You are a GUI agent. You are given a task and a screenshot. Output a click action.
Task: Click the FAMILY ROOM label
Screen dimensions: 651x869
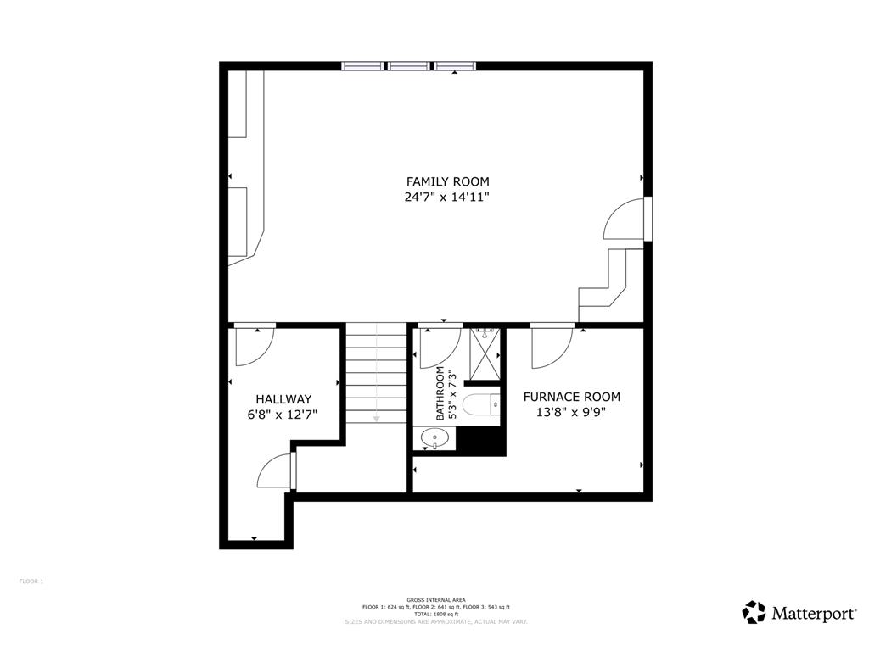pyautogui.click(x=447, y=181)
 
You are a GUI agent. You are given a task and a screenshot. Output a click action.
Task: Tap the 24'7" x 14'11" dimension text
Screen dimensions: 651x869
pyautogui.click(x=447, y=198)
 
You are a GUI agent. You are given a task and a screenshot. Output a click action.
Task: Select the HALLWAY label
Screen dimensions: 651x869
pyautogui.click(x=283, y=399)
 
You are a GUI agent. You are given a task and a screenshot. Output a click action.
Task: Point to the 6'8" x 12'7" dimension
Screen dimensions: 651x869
pyautogui.click(x=283, y=415)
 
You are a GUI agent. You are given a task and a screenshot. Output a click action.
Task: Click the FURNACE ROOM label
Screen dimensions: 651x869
pyautogui.click(x=571, y=397)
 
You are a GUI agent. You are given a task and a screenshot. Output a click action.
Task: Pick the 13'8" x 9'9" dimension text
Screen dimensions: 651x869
pyautogui.click(x=571, y=412)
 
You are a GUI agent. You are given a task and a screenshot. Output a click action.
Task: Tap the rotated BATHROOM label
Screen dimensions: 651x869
pyautogui.click(x=440, y=394)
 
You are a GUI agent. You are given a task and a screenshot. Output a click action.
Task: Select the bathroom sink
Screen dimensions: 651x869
pyautogui.click(x=435, y=438)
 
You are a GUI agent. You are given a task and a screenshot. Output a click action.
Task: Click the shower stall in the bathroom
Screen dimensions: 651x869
pyautogui.click(x=485, y=356)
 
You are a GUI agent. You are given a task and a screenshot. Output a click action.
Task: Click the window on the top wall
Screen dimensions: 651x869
pyautogui.click(x=408, y=65)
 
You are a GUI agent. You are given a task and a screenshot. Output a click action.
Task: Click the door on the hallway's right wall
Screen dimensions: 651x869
pyautogui.click(x=276, y=471)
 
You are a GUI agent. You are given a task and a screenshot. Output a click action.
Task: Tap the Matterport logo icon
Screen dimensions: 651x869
pyautogui.click(x=754, y=612)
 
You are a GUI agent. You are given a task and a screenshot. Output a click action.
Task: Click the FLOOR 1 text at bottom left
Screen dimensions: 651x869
pyautogui.click(x=31, y=581)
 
